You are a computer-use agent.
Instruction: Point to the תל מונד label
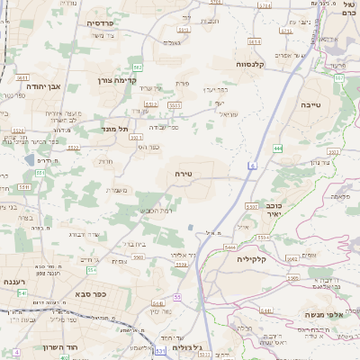[x=114, y=129]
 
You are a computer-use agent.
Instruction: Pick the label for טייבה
[x=318, y=104]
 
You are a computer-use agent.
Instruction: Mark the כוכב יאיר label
[x=268, y=210]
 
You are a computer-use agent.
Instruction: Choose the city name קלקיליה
[x=253, y=258]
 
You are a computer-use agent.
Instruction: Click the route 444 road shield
[x=279, y=147]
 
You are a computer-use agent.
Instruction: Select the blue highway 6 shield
[x=255, y=166]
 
